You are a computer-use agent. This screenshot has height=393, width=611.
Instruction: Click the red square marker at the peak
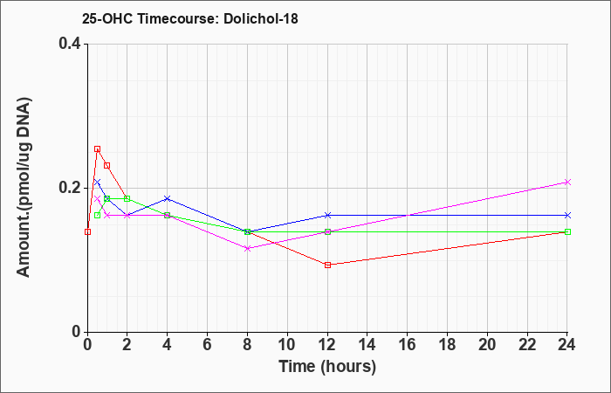coord(98,149)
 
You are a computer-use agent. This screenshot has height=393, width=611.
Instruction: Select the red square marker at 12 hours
coord(327,265)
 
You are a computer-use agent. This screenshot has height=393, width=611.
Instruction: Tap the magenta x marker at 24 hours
coord(567,182)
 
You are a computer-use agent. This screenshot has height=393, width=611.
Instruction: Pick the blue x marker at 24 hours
coord(567,215)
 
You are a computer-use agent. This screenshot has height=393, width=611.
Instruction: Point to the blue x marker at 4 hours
coord(168,198)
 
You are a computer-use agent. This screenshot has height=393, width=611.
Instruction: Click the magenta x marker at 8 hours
coord(247,248)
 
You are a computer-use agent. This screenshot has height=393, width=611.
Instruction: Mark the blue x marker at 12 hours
coord(327,215)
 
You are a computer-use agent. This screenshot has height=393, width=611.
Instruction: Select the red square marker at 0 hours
coord(87,232)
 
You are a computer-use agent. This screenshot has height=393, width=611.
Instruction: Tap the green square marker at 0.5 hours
coord(98,215)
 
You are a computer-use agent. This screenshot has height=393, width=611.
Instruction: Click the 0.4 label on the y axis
coord(70,44)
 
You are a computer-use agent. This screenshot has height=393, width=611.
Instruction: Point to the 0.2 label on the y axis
coord(70,188)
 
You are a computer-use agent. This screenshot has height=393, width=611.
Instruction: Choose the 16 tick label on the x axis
coord(408,345)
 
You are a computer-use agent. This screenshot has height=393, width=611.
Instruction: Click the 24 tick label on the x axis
coord(567,345)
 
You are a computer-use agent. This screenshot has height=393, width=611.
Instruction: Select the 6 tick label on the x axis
coord(207,345)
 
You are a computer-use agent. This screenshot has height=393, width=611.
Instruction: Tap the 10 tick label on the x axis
coord(287,345)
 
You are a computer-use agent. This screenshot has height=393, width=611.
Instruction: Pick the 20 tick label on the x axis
coord(487,345)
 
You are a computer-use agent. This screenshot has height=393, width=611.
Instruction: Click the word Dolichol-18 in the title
coord(261,18)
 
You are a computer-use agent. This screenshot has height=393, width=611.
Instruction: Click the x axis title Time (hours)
coord(327,367)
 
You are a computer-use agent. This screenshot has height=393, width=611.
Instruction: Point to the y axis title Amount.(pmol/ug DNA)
coord(24,188)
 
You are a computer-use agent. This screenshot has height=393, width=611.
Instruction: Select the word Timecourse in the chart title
coord(177,18)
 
